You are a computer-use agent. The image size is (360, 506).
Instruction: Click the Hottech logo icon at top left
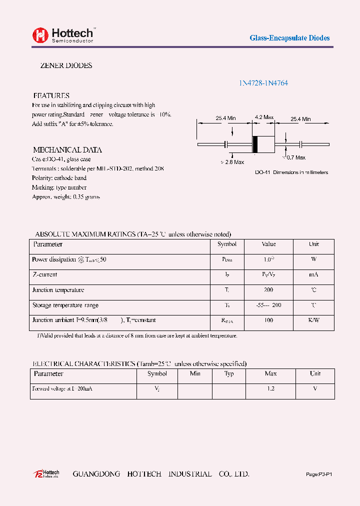point(40,35)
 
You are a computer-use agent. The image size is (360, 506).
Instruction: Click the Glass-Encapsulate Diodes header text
point(289,38)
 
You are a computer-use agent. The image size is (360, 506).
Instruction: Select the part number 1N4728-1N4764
point(263,83)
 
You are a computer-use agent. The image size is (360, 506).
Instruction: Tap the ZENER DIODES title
point(66,65)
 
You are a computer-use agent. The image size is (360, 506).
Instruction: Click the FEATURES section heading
point(51,95)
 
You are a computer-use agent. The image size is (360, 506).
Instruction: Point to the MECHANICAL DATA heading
point(67,149)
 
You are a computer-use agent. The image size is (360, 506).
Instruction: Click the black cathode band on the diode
point(254,144)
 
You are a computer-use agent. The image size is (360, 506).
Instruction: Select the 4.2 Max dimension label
point(264,118)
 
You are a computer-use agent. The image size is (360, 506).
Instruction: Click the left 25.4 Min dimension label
point(225,118)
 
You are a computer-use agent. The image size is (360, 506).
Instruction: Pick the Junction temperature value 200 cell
point(268,290)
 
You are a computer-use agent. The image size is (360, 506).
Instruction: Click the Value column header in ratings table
point(268,244)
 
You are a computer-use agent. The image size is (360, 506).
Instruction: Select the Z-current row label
point(45,274)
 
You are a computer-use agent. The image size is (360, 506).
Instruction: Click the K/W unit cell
point(313,320)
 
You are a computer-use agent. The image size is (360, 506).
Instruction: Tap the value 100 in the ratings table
point(268,320)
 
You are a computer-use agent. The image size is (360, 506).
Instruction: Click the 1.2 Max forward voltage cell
point(270,388)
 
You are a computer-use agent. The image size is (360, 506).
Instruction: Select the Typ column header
point(229,373)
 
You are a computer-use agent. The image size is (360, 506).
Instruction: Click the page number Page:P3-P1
point(318,474)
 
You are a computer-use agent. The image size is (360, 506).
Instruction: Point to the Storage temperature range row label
point(65,305)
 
